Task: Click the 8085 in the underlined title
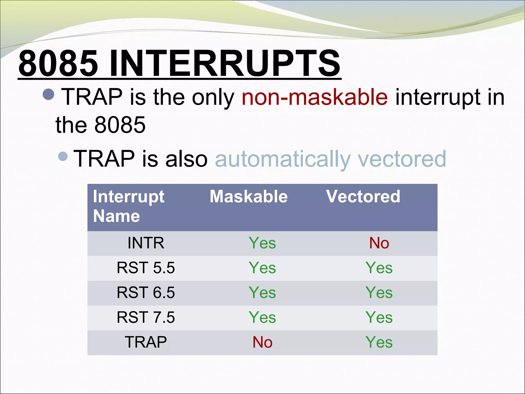(x=58, y=63)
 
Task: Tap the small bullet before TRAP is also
(x=63, y=156)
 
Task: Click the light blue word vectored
(x=402, y=159)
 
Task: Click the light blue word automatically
(x=282, y=159)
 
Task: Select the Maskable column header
(x=248, y=197)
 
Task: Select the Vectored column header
(x=363, y=197)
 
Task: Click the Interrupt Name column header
(x=128, y=206)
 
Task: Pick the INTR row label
(x=146, y=243)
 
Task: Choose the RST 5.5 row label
(x=146, y=268)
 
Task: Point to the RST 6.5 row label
(x=146, y=292)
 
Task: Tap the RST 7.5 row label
(x=146, y=317)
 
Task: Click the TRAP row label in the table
(x=146, y=342)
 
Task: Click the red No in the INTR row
(x=379, y=243)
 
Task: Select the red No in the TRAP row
(x=262, y=342)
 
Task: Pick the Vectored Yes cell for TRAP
(x=379, y=342)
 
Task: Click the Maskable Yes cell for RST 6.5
(x=262, y=292)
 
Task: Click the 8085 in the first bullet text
(x=120, y=125)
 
